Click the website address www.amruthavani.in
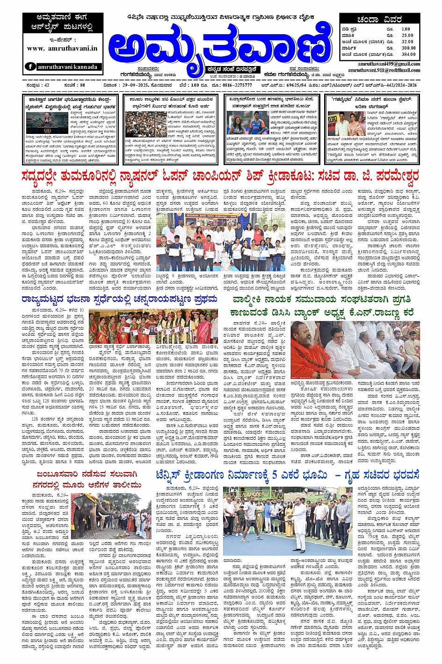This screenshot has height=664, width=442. pyautogui.click(x=62, y=48)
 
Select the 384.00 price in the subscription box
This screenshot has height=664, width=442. pyautogui.click(x=408, y=54)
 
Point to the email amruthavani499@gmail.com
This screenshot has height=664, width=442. pyautogui.click(x=389, y=64)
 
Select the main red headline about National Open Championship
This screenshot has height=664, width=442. pyautogui.click(x=220, y=177)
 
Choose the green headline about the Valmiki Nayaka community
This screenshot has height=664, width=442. pyautogui.click(x=323, y=305)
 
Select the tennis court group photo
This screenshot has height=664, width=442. pyautogui.click(x=287, y=517)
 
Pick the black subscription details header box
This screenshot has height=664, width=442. pyautogui.click(x=380, y=20)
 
